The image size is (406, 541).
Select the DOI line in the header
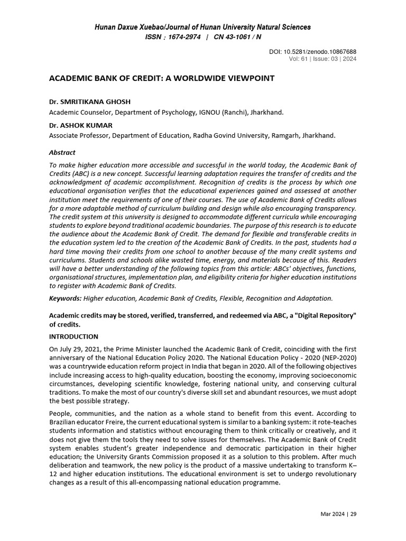313,51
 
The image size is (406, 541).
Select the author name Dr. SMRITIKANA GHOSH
89,101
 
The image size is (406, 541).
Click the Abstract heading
62,153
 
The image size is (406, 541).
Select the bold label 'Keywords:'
65,299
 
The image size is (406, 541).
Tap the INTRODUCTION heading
73,337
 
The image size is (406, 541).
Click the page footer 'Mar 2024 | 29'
338,514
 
